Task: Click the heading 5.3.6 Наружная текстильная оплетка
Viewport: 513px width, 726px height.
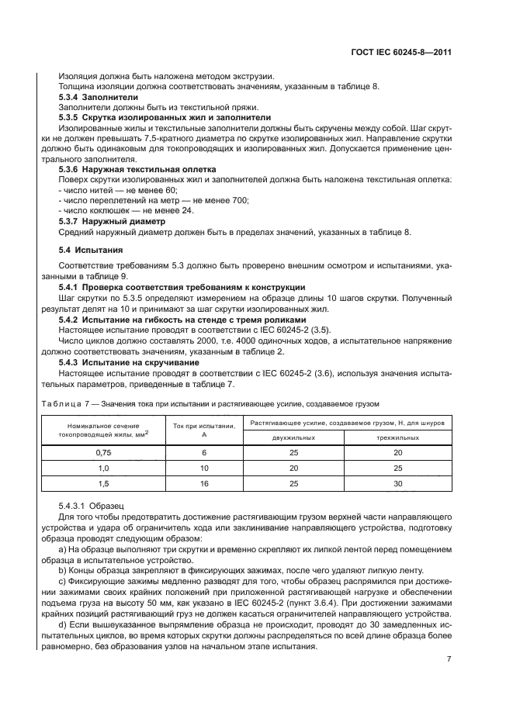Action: (x=137, y=168)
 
